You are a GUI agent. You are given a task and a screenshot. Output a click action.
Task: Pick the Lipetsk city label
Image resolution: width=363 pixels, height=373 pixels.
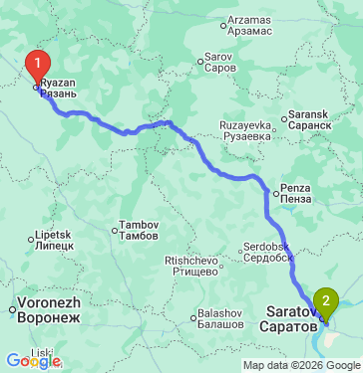click(x=55, y=240)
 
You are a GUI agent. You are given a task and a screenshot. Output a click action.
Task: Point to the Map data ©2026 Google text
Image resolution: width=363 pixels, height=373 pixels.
click(x=300, y=365)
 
